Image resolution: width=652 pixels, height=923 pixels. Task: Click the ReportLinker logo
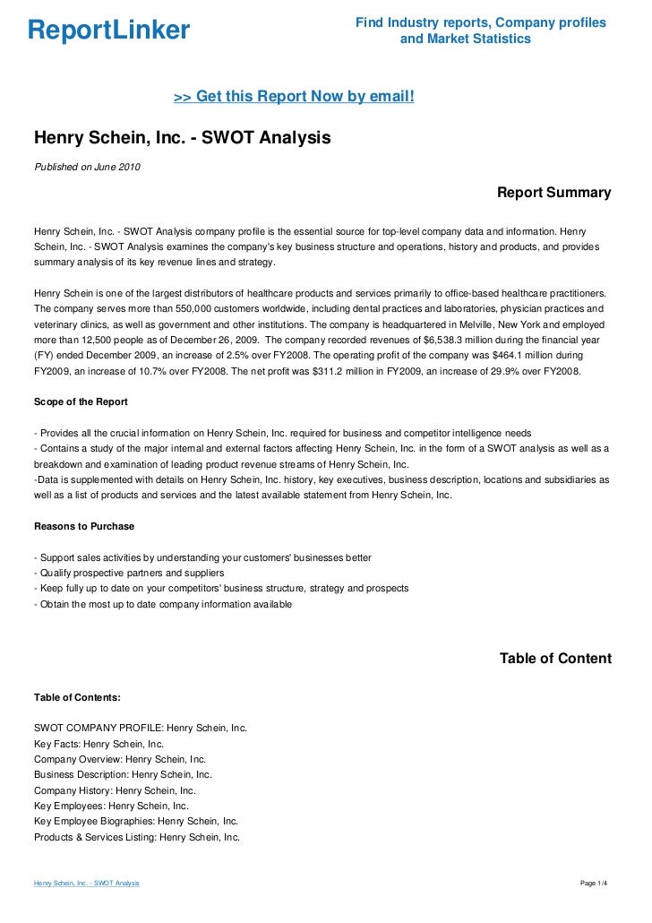[108, 30]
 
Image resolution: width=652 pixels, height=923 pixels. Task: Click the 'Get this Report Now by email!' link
[293, 96]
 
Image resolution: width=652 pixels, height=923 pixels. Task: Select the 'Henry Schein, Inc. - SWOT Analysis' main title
[183, 139]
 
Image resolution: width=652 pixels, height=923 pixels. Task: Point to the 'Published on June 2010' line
[87, 167]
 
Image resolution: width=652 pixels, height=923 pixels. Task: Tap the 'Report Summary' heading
[553, 193]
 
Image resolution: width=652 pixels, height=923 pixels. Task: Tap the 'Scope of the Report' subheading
[81, 401]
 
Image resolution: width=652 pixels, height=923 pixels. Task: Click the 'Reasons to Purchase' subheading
[84, 525]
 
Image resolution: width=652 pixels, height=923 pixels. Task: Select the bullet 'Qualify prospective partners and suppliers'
[128, 574]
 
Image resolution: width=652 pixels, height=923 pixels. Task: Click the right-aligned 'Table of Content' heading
[555, 659]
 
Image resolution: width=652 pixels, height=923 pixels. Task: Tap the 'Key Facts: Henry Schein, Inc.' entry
[99, 744]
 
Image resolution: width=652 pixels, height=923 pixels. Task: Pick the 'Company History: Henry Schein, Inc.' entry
[115, 791]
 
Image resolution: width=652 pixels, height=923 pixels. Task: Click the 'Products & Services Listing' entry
[137, 838]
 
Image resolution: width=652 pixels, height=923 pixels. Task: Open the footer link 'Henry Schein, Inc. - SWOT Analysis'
[86, 884]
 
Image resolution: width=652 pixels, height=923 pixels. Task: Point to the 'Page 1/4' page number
[595, 884]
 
